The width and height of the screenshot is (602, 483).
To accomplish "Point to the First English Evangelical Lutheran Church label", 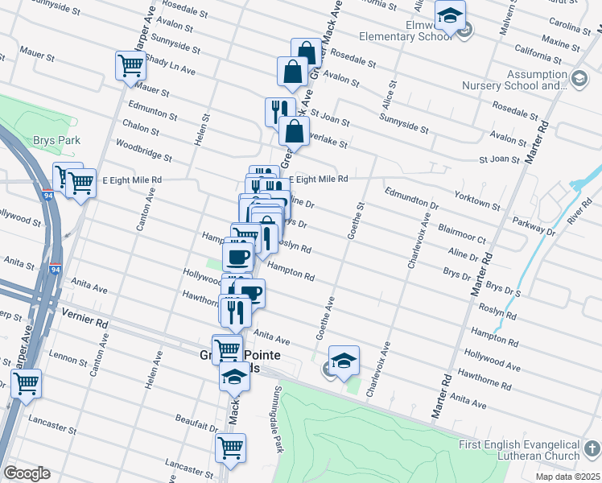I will click(519, 451).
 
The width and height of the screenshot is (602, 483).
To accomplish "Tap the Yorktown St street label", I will click(478, 198).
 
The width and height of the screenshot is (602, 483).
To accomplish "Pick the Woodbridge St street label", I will click(144, 150).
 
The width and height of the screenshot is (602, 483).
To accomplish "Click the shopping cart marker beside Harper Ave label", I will click(130, 66).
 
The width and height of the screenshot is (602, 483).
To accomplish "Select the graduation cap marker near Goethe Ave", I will click(344, 361).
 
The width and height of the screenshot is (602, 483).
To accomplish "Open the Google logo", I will click(27, 473).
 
